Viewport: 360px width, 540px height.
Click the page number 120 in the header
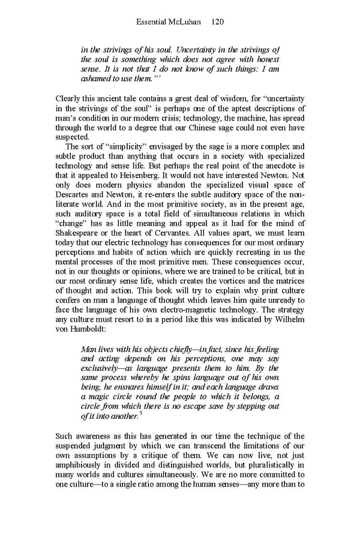click(218, 22)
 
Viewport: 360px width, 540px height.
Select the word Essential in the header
click(152, 22)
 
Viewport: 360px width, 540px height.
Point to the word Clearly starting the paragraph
click(70, 98)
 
